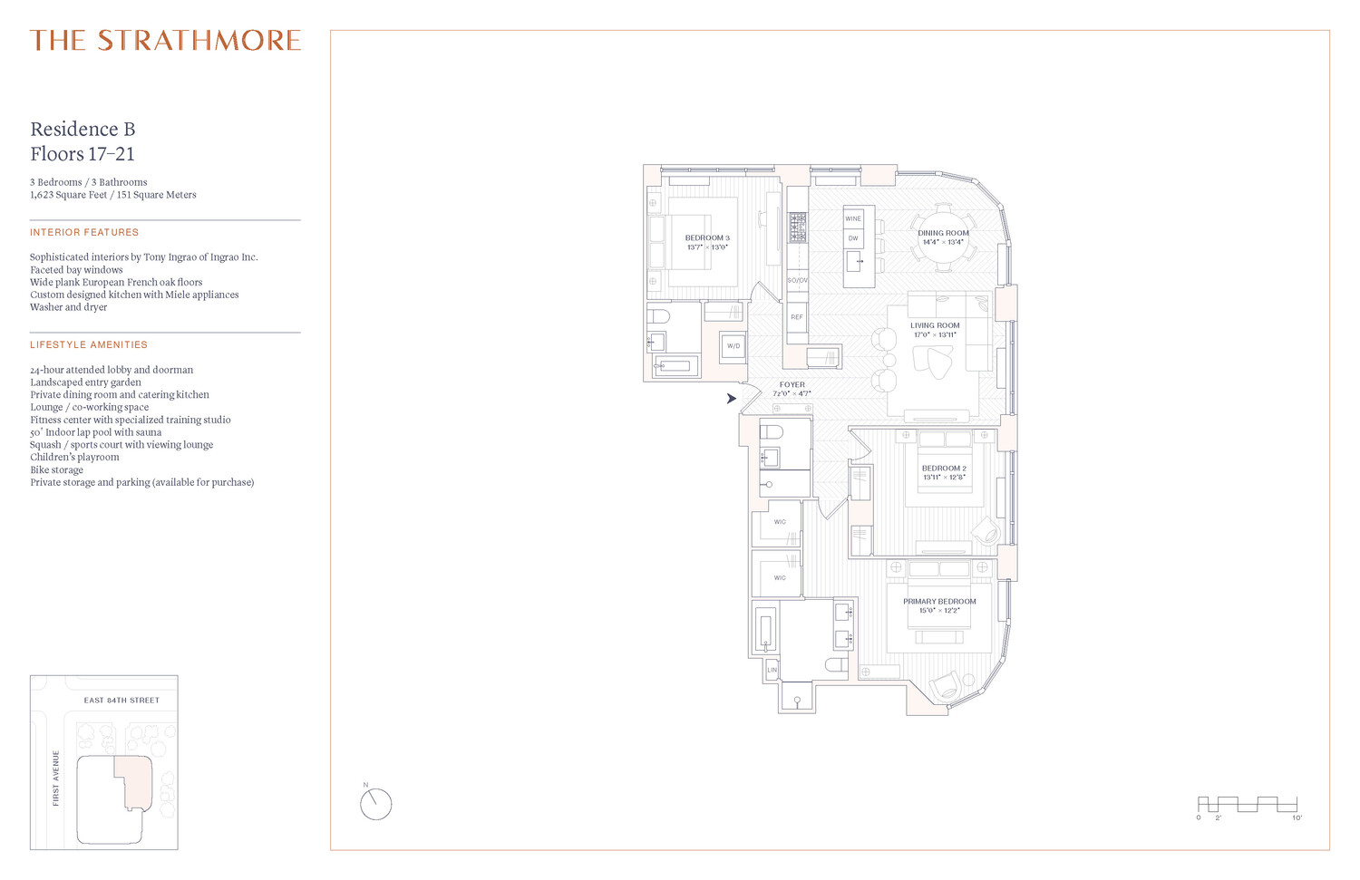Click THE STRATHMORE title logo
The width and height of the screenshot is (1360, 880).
(x=165, y=41)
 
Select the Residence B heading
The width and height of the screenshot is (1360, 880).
(x=83, y=130)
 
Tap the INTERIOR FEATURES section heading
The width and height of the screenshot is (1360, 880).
(x=84, y=233)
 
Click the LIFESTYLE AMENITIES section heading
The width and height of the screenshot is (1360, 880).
(x=89, y=345)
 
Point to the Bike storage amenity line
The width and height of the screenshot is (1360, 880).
(x=56, y=470)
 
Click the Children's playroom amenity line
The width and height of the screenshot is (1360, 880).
(x=74, y=458)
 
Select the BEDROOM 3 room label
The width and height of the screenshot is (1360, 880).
(x=707, y=238)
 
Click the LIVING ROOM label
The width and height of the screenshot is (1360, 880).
(x=935, y=325)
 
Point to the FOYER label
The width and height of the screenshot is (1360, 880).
(x=792, y=385)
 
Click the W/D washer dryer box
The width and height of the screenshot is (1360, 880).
(x=733, y=346)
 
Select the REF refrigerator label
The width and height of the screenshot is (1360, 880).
(x=797, y=317)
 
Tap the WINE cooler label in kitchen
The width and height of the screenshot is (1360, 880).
(x=853, y=218)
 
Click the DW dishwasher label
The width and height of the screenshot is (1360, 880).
(x=853, y=238)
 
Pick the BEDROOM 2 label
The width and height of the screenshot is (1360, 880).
(x=944, y=469)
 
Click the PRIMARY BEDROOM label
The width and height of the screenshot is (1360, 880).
(x=939, y=602)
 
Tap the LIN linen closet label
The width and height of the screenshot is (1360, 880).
(x=772, y=670)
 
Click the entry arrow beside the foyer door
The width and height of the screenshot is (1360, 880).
(x=731, y=398)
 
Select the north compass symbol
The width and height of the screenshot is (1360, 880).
(x=375, y=803)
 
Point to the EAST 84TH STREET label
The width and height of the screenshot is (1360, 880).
(x=121, y=701)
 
